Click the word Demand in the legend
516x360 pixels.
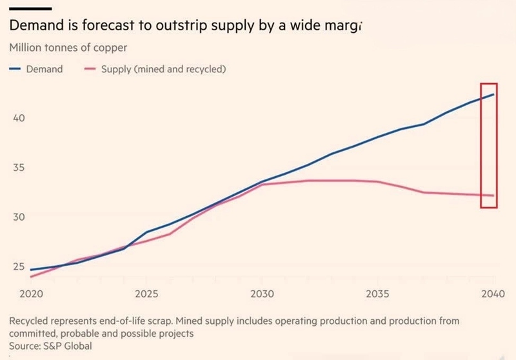[44, 69]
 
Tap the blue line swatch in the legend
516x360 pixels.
[15, 69]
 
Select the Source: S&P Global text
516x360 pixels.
[51, 346]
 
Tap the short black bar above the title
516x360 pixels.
[30, 8]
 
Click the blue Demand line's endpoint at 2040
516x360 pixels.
[494, 94]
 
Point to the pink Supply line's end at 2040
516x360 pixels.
[494, 195]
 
